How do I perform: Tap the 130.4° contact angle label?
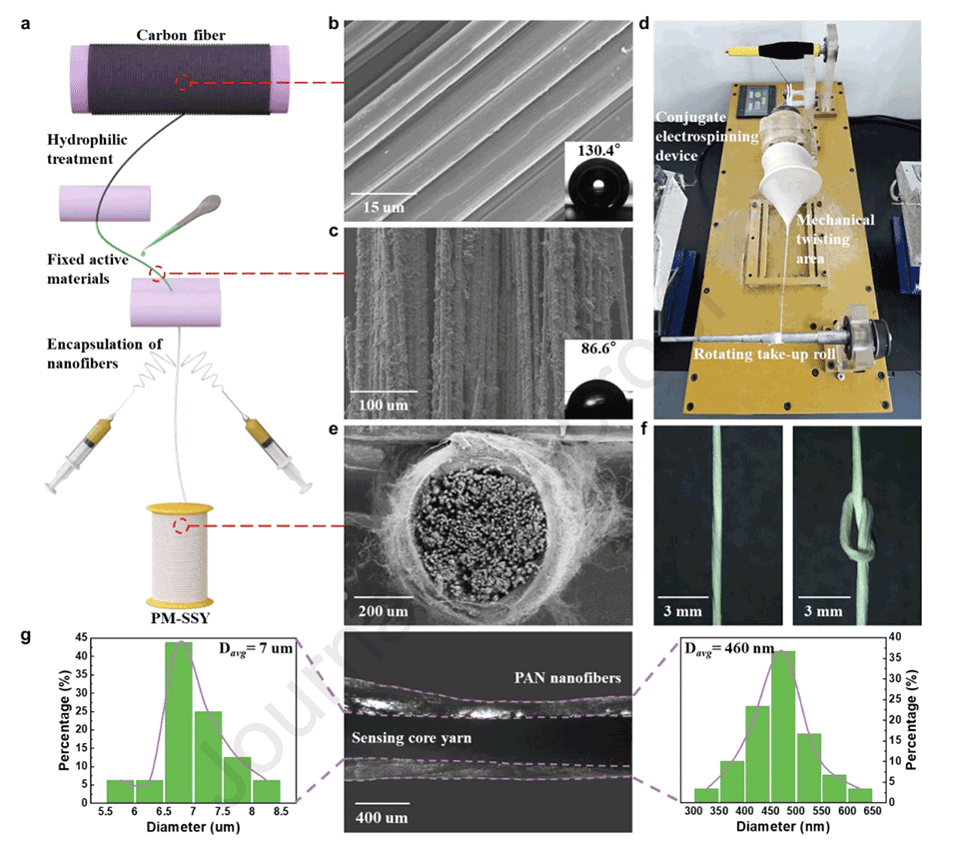598,154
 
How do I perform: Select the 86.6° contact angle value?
597,350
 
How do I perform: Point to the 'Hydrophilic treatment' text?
89,148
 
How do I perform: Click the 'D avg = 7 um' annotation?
249,649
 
